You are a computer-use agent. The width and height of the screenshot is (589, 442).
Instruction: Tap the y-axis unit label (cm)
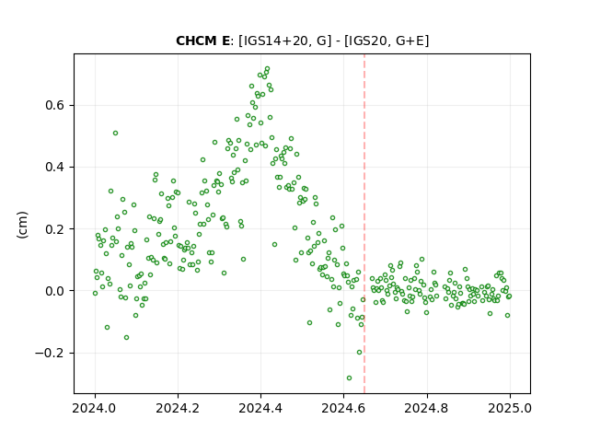coord(22,225)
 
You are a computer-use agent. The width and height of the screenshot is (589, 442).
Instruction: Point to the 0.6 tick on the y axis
coord(55,105)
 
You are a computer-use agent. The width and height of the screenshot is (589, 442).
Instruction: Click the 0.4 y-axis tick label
coord(55,167)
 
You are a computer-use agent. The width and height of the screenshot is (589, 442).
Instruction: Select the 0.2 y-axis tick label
coord(55,229)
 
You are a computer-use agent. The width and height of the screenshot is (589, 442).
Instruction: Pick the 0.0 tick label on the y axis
coord(55,291)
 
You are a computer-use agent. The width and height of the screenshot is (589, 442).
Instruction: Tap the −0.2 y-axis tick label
coord(50,353)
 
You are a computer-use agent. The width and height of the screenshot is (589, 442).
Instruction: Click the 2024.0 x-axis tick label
coord(95,408)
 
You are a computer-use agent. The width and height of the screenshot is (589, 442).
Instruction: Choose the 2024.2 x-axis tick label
coord(178,408)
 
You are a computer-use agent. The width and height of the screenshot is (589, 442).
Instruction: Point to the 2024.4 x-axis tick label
coord(260,408)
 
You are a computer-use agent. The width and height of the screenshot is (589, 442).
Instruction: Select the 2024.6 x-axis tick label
coord(343,408)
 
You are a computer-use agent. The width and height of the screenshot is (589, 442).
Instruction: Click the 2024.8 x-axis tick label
coord(426,408)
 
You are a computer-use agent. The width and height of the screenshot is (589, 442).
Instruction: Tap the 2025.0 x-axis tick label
coord(510,408)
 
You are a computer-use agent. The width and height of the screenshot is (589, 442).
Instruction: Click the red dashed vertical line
coord(364,224)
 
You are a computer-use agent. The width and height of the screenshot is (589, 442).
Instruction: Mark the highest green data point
coord(268,69)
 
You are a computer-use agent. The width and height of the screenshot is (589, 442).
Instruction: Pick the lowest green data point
coord(349,378)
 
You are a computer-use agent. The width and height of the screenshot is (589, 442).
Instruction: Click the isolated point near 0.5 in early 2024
coord(115,133)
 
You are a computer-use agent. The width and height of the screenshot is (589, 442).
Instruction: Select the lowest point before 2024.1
coord(127,338)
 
